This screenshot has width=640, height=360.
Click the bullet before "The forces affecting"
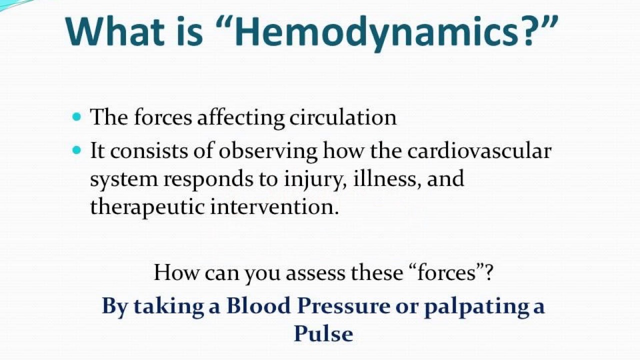76,117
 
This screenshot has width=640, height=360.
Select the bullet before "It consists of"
76,149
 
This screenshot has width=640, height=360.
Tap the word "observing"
268,151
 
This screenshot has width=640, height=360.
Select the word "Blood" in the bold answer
258,306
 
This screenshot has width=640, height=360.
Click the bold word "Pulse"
323,333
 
